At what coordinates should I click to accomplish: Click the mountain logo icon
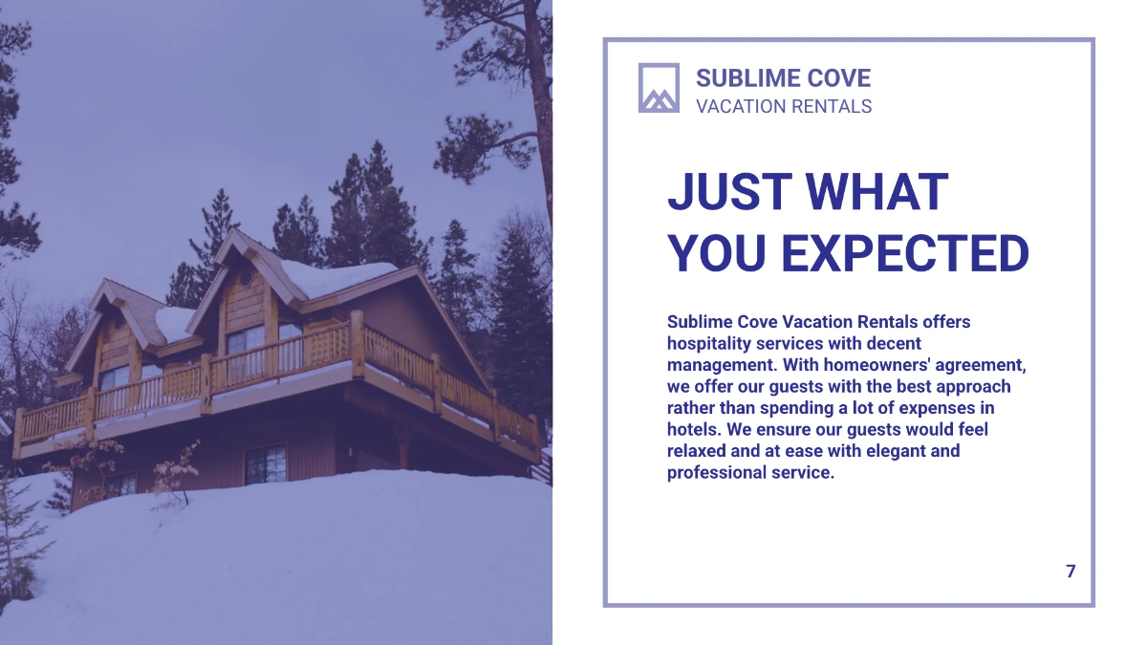[659, 88]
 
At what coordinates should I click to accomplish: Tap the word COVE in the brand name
[840, 78]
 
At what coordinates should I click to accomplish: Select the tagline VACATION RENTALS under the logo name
[784, 106]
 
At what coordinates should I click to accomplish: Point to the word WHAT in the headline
[876, 192]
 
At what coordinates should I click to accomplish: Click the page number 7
[1071, 571]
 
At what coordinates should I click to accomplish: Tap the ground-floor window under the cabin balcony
[266, 463]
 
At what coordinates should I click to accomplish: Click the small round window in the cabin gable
[246, 277]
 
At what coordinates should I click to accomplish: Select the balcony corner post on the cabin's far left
[18, 432]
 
